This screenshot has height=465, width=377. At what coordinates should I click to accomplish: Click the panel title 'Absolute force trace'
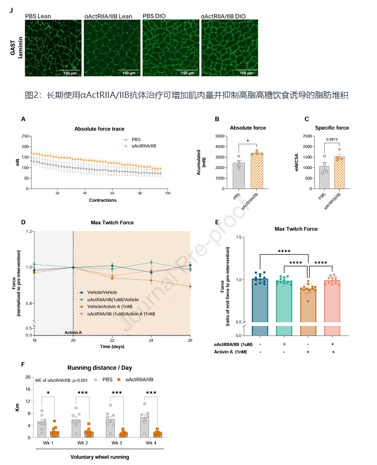pos(98,129)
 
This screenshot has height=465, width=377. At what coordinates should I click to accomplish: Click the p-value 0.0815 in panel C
pos(331,140)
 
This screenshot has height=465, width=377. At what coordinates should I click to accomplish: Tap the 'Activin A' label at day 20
pos(74,332)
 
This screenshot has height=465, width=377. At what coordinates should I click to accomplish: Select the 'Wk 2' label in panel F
pos(82,443)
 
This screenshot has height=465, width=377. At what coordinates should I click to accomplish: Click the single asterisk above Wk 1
pos(48,393)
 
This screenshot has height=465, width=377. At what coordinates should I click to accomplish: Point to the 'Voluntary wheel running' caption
pos(100,457)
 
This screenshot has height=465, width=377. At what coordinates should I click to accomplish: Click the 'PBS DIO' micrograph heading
pos(155,16)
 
